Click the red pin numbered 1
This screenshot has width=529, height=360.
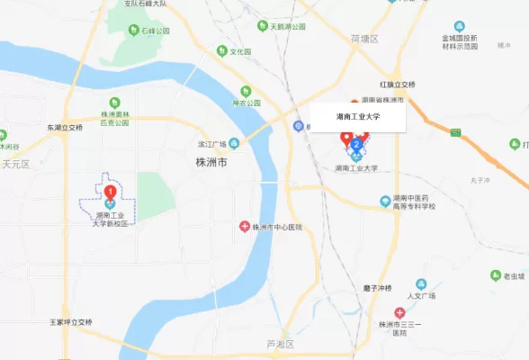[110, 192]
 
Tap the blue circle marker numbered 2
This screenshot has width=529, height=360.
[358, 144]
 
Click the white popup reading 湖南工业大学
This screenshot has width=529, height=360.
[358, 116]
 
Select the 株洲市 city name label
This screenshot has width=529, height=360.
[211, 162]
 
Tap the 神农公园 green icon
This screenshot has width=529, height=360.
[246, 91]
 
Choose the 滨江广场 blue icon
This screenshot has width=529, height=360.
[234, 143]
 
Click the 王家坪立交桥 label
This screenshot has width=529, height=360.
[71, 321]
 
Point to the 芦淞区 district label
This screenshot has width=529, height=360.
[281, 345]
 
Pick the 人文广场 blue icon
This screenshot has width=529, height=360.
[421, 284]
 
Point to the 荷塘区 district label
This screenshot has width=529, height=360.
[366, 40]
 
